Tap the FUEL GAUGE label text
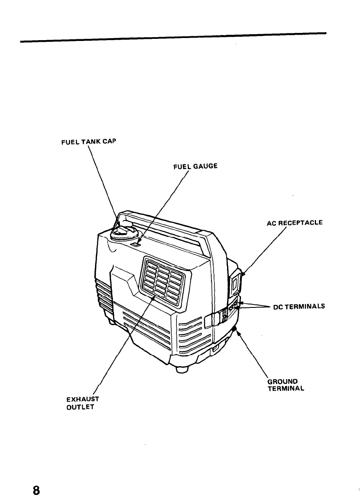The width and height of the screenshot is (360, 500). coord(195,166)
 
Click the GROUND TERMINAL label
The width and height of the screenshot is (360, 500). coord(286,385)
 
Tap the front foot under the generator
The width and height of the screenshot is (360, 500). coord(182,369)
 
